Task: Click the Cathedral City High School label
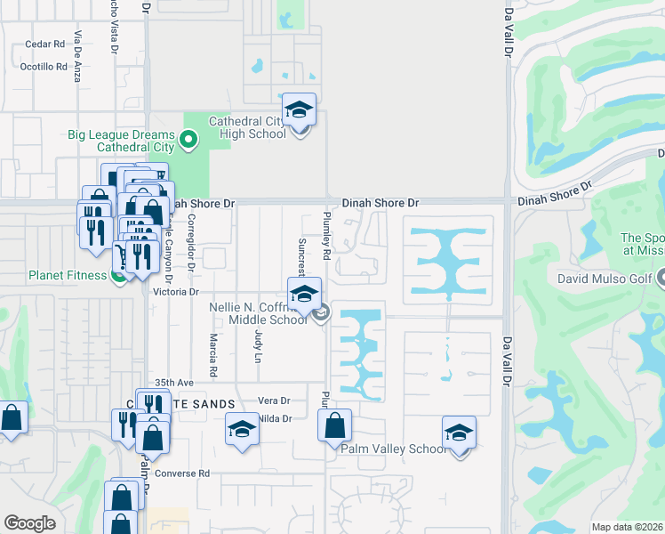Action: coord(247,127)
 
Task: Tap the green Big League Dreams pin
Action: coord(188,140)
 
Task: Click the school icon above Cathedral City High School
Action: coord(300,110)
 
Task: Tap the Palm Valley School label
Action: coord(395,449)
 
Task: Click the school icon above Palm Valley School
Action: coord(459,433)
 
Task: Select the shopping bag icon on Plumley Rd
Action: coord(334,425)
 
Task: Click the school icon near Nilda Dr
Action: coord(242,430)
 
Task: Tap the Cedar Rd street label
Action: coord(45,44)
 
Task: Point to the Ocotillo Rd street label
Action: coord(44,67)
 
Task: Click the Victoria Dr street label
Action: coord(173,291)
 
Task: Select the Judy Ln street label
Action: coord(259,343)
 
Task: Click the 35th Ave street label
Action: coord(173,382)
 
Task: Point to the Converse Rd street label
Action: coord(181,473)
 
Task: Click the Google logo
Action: coord(29,523)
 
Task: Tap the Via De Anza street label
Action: coord(78,45)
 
